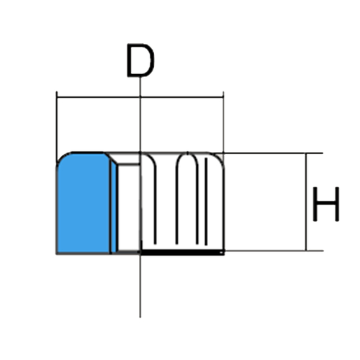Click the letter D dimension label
click(x=140, y=60)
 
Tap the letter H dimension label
click(x=326, y=204)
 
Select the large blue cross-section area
click(x=84, y=203)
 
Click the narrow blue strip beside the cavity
click(x=114, y=207)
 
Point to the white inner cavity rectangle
click(x=129, y=207)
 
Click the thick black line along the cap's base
click(x=182, y=253)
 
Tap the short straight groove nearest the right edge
click(x=206, y=201)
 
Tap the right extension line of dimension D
click(x=223, y=122)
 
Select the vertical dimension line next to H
click(x=306, y=202)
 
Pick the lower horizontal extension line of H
click(x=274, y=251)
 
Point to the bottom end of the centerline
click(x=140, y=318)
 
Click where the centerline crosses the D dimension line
click(x=140, y=97)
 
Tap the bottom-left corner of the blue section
click(x=57, y=253)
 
